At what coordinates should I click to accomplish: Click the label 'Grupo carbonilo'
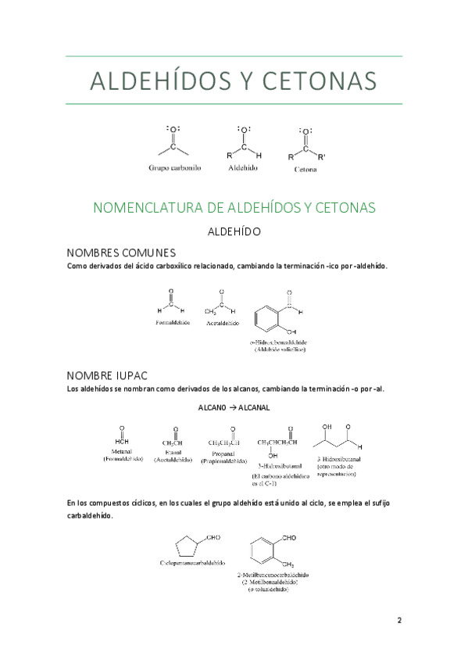click(175, 167)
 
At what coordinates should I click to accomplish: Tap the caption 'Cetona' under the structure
click(305, 168)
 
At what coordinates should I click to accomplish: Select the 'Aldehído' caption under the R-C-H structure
click(242, 167)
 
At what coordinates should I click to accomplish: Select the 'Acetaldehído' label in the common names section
click(223, 322)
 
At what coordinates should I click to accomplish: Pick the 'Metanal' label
click(122, 451)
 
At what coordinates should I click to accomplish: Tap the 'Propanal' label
click(224, 453)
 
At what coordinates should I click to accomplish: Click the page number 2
click(398, 621)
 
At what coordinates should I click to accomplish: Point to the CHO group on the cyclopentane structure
click(213, 538)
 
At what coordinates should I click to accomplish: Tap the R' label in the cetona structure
click(322, 156)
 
